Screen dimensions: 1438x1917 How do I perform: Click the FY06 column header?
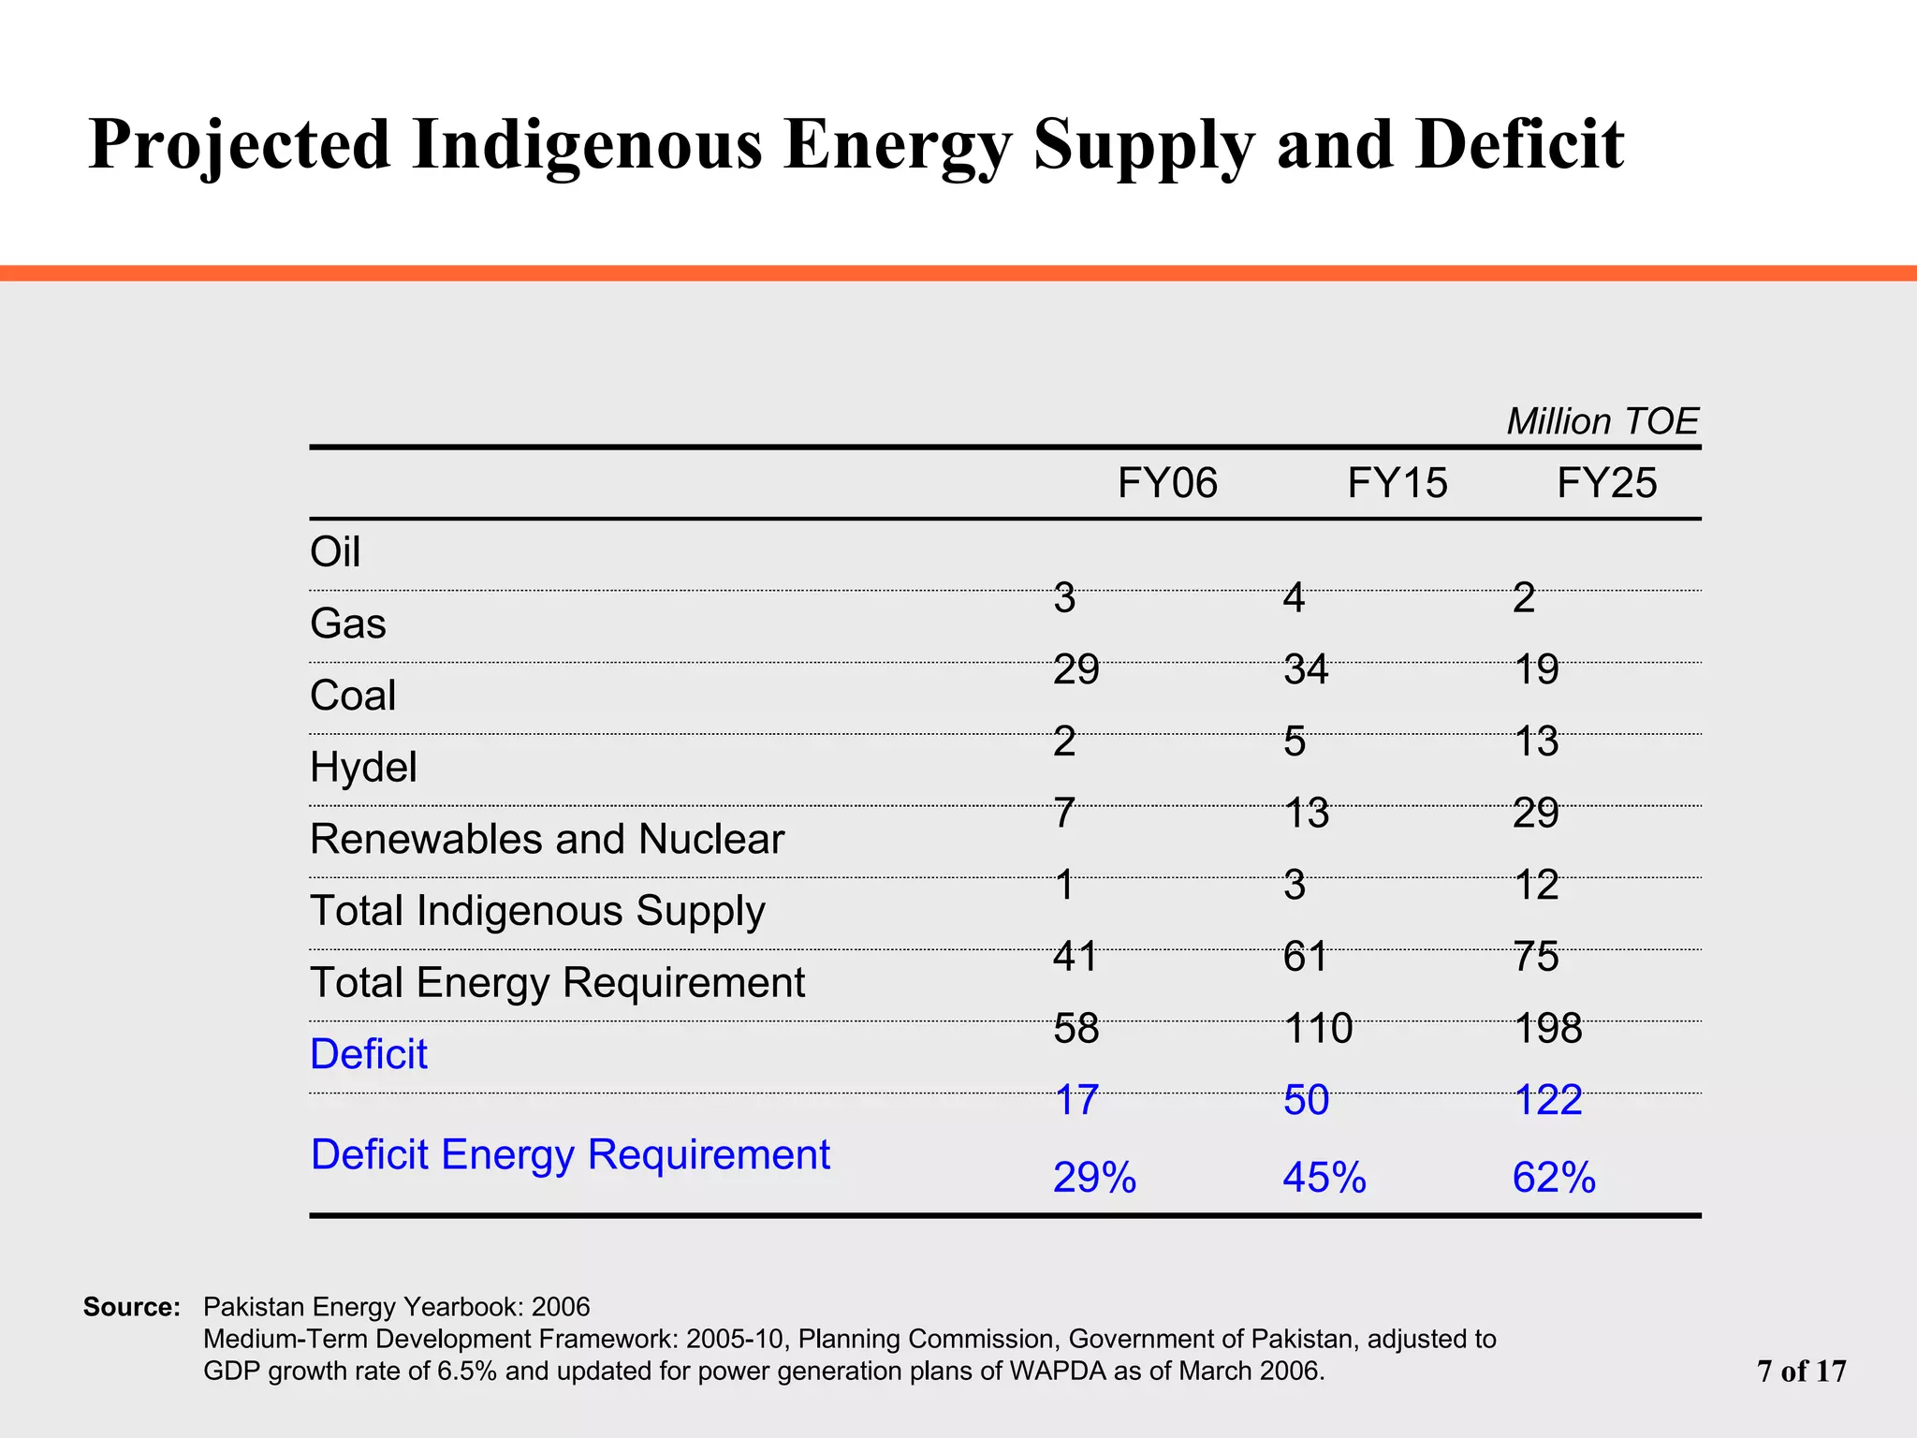pyautogui.click(x=1167, y=484)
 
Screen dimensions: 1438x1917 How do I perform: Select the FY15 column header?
pyautogui.click(x=1397, y=484)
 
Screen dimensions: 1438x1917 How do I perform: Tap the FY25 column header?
pyautogui.click(x=1606, y=484)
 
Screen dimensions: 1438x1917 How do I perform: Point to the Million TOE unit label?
pyautogui.click(x=1602, y=422)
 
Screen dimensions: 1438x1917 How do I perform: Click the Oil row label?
pyautogui.click(x=335, y=552)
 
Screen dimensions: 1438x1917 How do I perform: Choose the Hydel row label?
pyautogui.click(x=363, y=768)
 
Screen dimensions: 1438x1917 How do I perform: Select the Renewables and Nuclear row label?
pyautogui.click(x=547, y=840)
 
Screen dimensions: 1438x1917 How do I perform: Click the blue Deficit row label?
pyautogui.click(x=369, y=1055)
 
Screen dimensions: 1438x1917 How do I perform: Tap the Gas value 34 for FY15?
pyautogui.click(x=1306, y=670)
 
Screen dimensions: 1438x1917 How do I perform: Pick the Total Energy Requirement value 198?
pyautogui.click(x=1548, y=1029)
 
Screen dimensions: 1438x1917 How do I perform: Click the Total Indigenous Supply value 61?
pyautogui.click(x=1306, y=957)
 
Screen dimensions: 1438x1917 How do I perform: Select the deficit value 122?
pyautogui.click(x=1548, y=1100)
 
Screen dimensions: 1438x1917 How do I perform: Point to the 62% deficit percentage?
pyautogui.click(x=1554, y=1178)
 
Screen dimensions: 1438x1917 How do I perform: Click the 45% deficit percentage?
pyautogui.click(x=1324, y=1178)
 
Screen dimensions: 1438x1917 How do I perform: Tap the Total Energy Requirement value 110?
pyautogui.click(x=1318, y=1029)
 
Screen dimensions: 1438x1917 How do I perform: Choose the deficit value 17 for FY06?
pyautogui.click(x=1076, y=1100)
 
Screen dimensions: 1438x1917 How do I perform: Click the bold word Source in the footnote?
pyautogui.click(x=132, y=1307)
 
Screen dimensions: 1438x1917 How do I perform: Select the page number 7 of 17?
pyautogui.click(x=1802, y=1372)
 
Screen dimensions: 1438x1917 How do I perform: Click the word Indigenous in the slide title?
pyautogui.click(x=587, y=145)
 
